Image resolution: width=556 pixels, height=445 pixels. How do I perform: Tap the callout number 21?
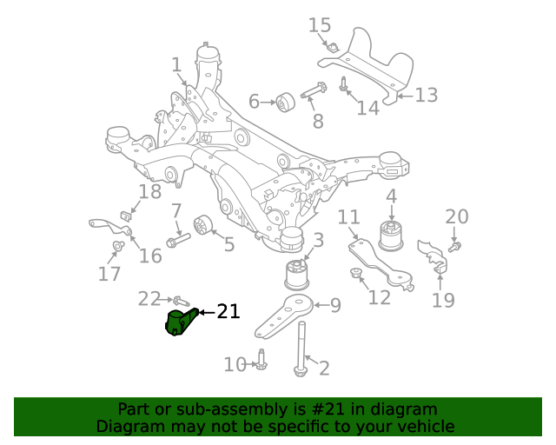pyautogui.click(x=228, y=311)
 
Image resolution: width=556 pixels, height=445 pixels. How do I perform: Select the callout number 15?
pyautogui.click(x=320, y=25)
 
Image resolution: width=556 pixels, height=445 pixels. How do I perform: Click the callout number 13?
pyautogui.click(x=426, y=95)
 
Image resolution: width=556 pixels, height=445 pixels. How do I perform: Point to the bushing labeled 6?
pyautogui.click(x=285, y=102)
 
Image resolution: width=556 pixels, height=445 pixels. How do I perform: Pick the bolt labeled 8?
pyautogui.click(x=313, y=90)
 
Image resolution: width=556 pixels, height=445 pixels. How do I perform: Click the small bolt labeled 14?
pyautogui.click(x=344, y=85)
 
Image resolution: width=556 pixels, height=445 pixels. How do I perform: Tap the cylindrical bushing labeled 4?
pyautogui.click(x=392, y=236)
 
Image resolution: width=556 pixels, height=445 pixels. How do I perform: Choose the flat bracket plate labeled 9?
pyautogui.click(x=288, y=315)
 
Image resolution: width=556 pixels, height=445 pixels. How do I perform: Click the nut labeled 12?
pyautogui.click(x=355, y=276)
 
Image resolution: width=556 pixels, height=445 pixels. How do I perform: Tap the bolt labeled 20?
pyautogui.click(x=454, y=246)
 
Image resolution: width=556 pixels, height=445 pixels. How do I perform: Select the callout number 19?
pyautogui.click(x=443, y=301)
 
